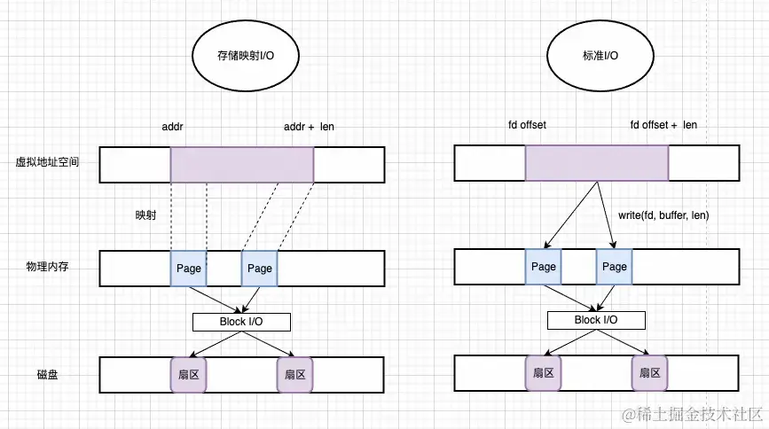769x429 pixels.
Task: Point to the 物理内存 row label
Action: pyautogui.click(x=43, y=267)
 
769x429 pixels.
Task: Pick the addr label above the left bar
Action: pyautogui.click(x=172, y=127)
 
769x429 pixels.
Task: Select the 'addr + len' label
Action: pyautogui.click(x=309, y=127)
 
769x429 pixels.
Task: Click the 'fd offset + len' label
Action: pyautogui.click(x=663, y=125)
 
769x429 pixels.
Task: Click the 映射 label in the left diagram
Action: pyautogui.click(x=145, y=215)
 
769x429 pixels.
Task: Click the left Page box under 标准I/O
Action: pyautogui.click(x=543, y=267)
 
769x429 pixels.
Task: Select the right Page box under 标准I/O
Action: pyautogui.click(x=614, y=267)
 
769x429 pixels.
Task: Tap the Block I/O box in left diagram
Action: pyautogui.click(x=241, y=321)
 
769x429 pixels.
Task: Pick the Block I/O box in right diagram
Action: pyautogui.click(x=596, y=320)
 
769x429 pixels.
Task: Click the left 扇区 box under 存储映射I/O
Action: pyautogui.click(x=188, y=375)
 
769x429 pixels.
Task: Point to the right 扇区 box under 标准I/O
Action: pyautogui.click(x=649, y=374)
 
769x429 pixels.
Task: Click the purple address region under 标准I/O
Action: pyautogui.click(x=597, y=163)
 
